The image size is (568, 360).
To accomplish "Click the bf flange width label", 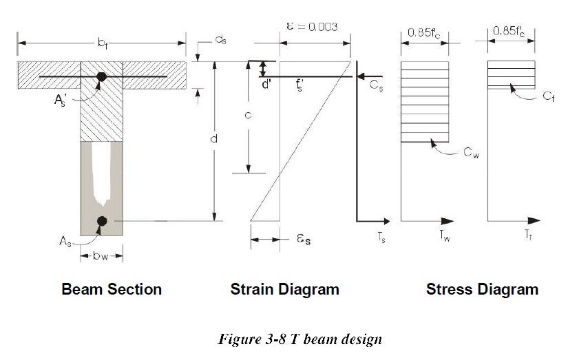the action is [103, 43].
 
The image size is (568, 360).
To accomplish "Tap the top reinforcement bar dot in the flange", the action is [101, 77].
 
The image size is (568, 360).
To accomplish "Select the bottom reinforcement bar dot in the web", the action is [102, 221].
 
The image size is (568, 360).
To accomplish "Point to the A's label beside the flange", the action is [61, 99].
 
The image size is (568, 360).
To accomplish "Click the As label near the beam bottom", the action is [65, 241].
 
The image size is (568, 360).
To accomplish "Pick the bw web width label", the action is [101, 256].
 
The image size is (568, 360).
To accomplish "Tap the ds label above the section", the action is [220, 40].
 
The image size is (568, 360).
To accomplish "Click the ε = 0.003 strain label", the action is [312, 27].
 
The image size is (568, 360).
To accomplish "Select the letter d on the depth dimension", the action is [213, 138].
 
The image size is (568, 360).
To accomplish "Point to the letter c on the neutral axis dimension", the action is [248, 115].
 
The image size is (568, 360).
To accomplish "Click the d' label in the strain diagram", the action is [266, 85].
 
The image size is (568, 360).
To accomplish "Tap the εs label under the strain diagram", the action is [304, 239].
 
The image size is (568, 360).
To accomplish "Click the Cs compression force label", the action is [376, 85].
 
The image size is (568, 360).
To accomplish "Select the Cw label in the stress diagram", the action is [472, 153].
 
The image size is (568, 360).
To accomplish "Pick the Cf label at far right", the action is [548, 96].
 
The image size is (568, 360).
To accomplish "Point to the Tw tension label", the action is [445, 236].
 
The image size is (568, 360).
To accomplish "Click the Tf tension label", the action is [528, 235].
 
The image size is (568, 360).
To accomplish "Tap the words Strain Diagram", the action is [285, 289].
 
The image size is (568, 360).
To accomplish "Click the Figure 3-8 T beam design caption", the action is [299, 339].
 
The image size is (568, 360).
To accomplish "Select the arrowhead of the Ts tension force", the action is [386, 221].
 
